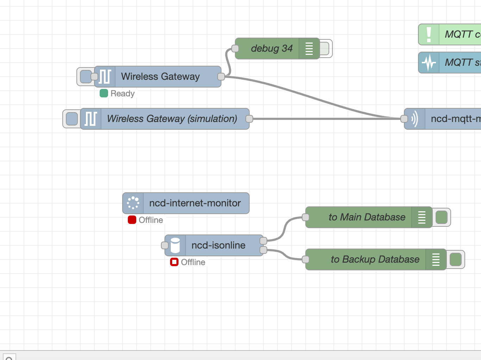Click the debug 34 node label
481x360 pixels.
click(x=271, y=49)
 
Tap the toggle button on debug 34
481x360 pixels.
click(x=325, y=49)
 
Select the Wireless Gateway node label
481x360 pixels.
click(x=160, y=77)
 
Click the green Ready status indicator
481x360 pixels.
click(x=104, y=93)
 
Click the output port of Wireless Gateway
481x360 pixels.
click(x=221, y=77)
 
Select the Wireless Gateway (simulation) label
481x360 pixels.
click(x=172, y=119)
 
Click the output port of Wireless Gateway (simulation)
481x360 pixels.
click(x=249, y=119)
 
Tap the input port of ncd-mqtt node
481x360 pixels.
click(x=404, y=119)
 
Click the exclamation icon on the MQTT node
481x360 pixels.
click(x=429, y=34)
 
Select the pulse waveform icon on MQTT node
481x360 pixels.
click(x=429, y=63)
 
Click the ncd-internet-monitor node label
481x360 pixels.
click(x=195, y=203)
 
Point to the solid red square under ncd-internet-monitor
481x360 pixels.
click(x=132, y=220)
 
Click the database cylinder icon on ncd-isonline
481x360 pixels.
click(x=175, y=245)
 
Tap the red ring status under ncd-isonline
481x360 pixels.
click(x=174, y=262)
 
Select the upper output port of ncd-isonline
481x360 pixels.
click(x=263, y=241)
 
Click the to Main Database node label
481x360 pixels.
click(x=367, y=217)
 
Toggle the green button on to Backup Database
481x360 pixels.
click(x=456, y=259)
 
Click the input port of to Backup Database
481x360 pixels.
click(x=306, y=259)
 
